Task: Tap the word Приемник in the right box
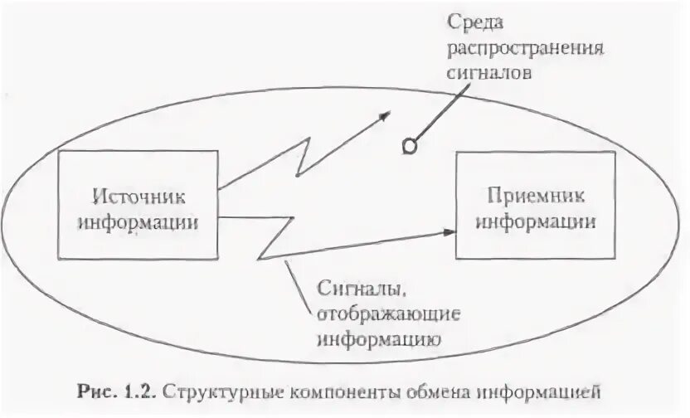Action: tap(537, 197)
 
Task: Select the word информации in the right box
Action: tap(537, 221)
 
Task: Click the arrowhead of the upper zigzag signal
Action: tap(383, 115)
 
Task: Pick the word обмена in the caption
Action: tap(401, 390)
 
